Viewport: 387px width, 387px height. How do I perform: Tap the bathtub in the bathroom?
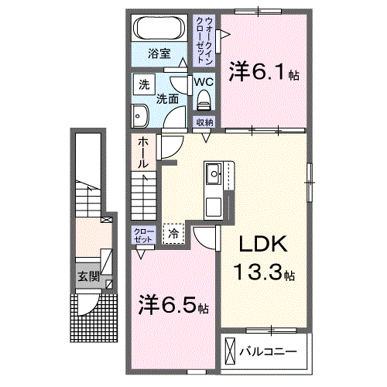(159, 30)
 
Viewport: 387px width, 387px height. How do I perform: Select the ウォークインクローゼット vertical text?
(200, 39)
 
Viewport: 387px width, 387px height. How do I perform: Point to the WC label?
(204, 81)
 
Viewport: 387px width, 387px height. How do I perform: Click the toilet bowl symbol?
(204, 100)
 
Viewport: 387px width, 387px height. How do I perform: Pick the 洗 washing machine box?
(144, 83)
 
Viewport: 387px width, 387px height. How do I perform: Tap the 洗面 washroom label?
(168, 99)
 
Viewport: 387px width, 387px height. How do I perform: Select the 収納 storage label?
(204, 122)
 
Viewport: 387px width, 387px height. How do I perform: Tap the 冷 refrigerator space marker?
(173, 232)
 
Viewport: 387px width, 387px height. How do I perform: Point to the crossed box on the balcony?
(230, 351)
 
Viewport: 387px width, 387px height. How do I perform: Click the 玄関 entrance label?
(87, 276)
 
